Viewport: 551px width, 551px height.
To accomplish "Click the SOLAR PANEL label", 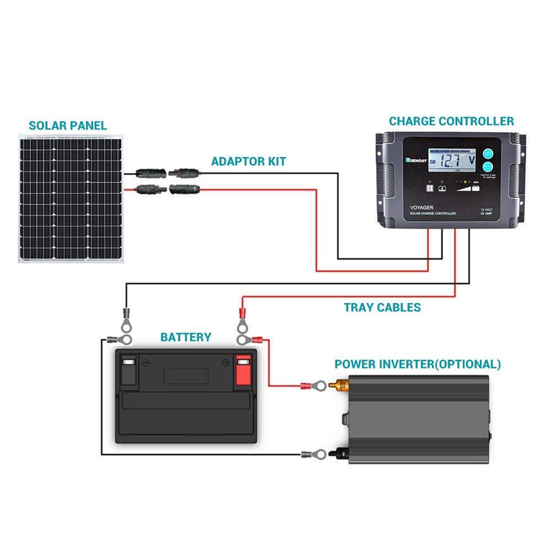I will (x=67, y=125).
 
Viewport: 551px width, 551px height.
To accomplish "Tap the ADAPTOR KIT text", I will (x=248, y=161).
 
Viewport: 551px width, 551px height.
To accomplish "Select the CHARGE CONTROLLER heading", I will (x=451, y=121).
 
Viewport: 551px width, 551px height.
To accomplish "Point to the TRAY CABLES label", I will (x=382, y=308).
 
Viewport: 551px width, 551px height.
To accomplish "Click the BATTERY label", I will (x=185, y=337).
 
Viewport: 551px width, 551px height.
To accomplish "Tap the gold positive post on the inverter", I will (x=339, y=388).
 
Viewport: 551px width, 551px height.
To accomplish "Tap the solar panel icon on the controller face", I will (x=430, y=187).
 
